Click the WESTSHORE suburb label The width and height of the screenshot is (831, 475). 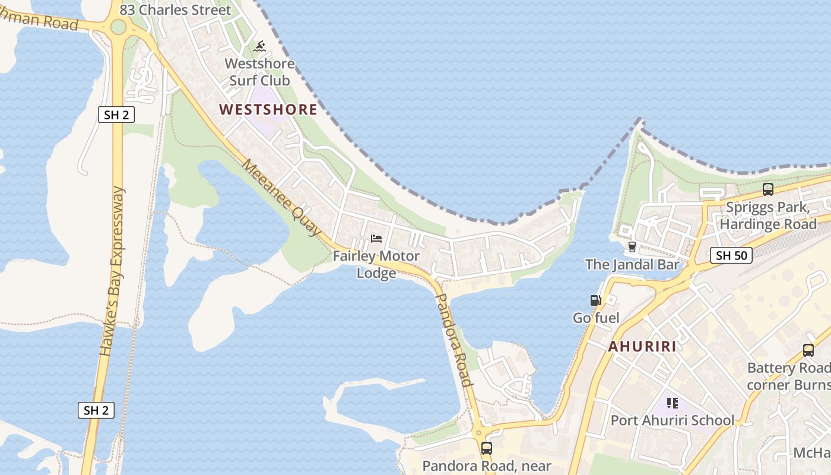click(x=268, y=110)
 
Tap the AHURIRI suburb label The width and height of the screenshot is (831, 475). click(x=642, y=347)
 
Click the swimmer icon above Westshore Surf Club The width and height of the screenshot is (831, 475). click(x=259, y=46)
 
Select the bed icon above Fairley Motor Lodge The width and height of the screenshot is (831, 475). click(x=376, y=239)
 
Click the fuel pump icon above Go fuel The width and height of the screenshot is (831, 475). click(x=595, y=301)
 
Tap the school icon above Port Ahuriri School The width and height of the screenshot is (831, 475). click(x=673, y=403)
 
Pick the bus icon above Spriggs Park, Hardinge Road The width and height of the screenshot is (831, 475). click(x=767, y=189)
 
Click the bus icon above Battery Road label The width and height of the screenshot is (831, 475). click(x=808, y=350)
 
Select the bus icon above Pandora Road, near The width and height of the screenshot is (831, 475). click(x=487, y=448)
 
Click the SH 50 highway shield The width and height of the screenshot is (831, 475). click(x=731, y=256)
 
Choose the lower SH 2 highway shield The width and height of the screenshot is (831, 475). click(x=96, y=410)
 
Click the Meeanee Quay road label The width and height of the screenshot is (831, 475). click(x=281, y=198)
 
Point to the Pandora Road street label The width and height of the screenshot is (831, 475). click(x=454, y=339)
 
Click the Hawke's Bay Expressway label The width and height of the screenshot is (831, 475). click(x=113, y=272)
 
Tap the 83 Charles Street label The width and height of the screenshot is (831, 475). click(x=175, y=10)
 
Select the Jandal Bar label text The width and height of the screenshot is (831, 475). click(x=632, y=264)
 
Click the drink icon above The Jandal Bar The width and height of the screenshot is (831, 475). click(x=632, y=246)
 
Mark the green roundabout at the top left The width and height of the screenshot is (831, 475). click(x=118, y=27)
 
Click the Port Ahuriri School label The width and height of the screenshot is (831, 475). click(x=673, y=420)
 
